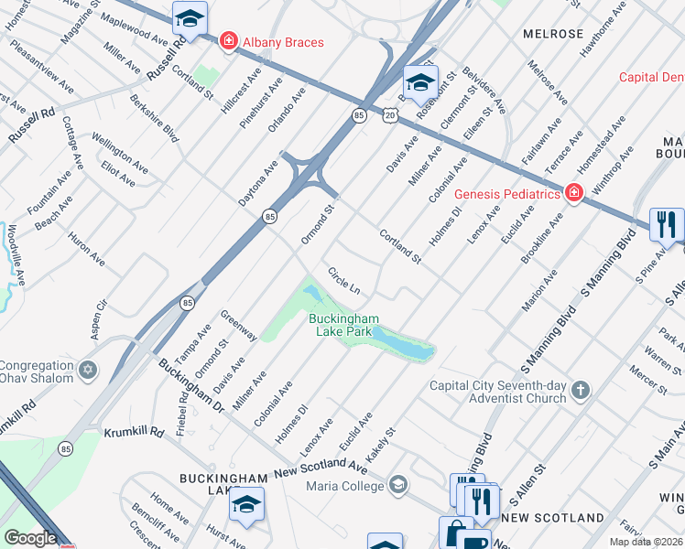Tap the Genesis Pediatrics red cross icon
point(573,193)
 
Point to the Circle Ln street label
point(344,281)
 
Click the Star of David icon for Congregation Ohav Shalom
point(88,371)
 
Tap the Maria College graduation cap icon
point(397,485)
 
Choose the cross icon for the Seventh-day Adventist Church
point(581,392)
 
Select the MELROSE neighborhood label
point(553,34)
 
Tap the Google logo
point(30,539)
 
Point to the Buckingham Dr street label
point(190,384)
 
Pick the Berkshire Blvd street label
point(153,118)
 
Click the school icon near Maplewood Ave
point(190,17)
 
